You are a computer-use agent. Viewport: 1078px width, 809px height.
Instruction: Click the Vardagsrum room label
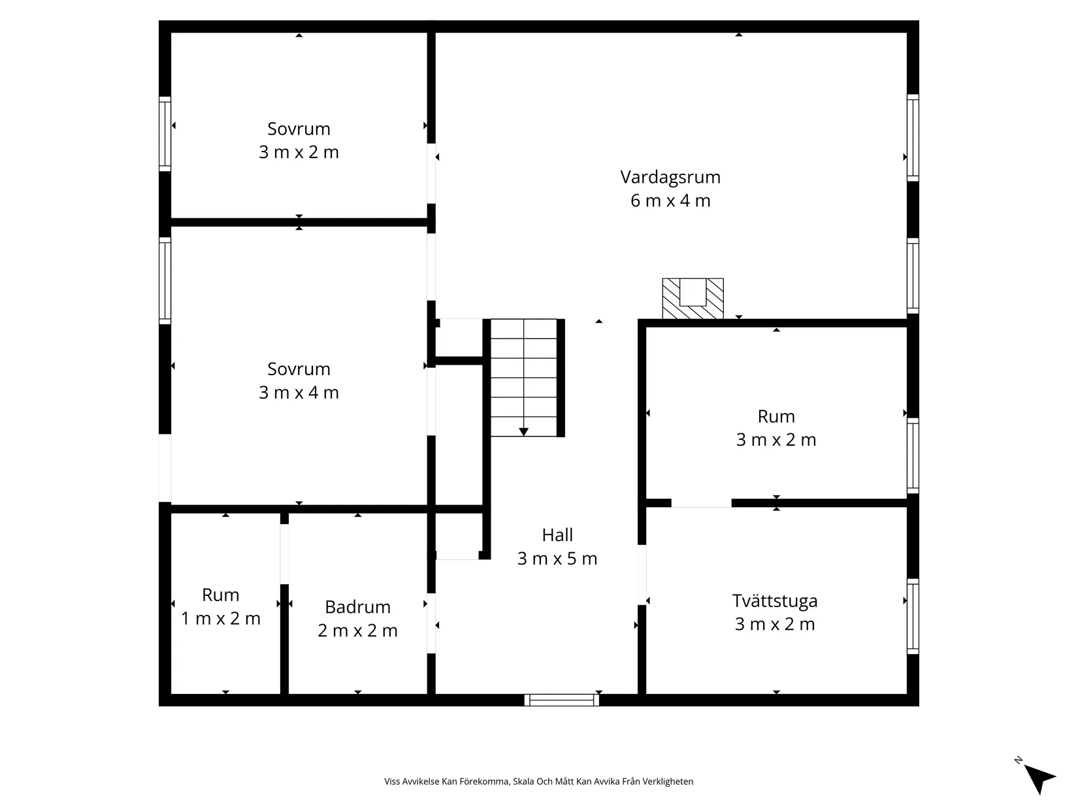670,177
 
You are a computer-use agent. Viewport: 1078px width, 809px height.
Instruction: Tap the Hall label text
557,535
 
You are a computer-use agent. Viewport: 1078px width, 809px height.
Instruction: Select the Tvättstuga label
774,601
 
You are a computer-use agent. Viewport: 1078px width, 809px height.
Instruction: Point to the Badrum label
357,607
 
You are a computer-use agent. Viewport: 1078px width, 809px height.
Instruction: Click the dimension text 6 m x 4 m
670,201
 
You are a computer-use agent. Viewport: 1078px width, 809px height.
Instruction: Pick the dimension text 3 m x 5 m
557,559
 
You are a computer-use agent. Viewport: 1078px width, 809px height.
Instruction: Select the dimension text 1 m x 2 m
221,618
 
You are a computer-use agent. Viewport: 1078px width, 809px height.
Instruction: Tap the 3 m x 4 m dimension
299,393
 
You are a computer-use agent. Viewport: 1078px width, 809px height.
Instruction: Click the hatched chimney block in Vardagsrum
693,299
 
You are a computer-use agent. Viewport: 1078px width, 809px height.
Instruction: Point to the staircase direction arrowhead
523,432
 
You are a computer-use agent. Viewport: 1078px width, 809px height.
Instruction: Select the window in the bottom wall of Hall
561,699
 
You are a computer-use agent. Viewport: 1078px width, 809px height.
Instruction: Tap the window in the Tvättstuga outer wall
913,616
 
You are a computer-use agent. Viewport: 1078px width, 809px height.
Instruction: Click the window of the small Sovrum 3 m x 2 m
165,133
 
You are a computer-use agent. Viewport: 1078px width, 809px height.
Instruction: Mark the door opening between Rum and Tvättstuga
701,503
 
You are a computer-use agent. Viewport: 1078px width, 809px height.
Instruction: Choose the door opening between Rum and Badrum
284,554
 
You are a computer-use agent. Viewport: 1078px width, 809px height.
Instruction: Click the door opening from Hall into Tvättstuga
642,574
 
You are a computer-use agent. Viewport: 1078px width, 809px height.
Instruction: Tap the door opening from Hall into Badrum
431,623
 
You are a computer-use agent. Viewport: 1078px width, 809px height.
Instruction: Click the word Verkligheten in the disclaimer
670,781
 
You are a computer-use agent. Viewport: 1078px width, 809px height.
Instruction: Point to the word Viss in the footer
392,781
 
